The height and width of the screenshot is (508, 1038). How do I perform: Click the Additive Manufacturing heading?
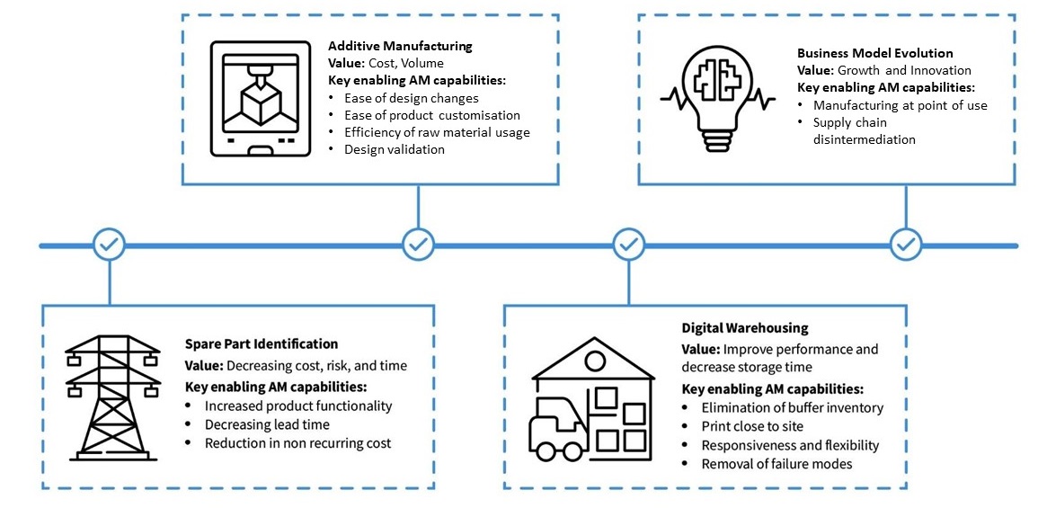coord(400,46)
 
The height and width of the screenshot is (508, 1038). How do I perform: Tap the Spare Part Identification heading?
coord(262,343)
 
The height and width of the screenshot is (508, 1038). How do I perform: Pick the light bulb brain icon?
coord(716,98)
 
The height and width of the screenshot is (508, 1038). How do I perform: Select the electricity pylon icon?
coord(112,398)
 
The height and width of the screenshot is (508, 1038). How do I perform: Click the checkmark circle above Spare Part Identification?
coord(110,244)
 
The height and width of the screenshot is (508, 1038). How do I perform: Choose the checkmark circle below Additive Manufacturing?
coord(418,244)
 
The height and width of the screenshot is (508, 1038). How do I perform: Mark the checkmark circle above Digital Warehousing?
coord(628,244)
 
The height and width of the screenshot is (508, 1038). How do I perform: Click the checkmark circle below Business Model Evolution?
coord(905,244)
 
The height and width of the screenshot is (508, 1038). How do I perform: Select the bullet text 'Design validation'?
coord(394,149)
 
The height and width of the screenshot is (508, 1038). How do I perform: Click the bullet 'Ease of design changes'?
coord(411,98)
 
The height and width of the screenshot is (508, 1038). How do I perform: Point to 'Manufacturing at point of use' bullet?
coord(900,105)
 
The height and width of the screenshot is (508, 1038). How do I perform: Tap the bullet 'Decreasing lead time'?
coord(267,424)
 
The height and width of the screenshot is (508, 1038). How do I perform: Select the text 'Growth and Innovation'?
coord(905,70)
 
